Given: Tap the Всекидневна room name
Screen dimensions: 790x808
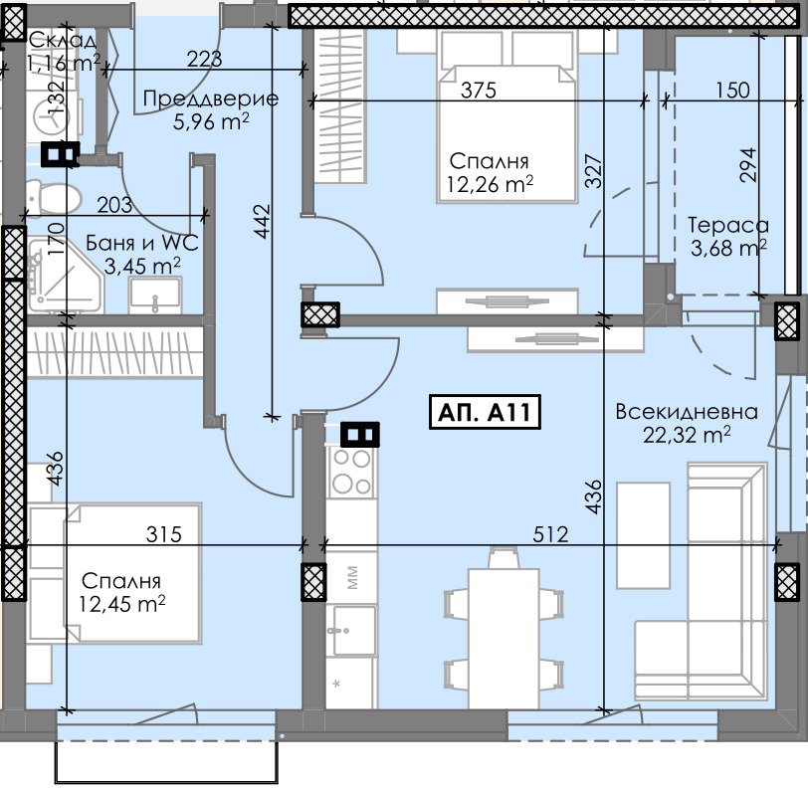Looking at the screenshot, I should tap(686, 412).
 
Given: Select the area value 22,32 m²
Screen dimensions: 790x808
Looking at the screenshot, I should tap(688, 434).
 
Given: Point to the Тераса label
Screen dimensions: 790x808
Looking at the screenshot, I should tap(728, 226).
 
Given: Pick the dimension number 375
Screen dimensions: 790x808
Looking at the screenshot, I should tap(478, 91).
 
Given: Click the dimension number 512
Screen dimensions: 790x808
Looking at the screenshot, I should tap(548, 535).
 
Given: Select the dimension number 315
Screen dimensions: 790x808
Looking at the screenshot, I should tap(164, 535).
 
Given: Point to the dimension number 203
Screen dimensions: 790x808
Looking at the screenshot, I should tap(115, 205).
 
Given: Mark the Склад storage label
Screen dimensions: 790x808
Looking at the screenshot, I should tap(62, 41).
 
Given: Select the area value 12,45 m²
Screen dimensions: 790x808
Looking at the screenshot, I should tap(122, 603).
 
